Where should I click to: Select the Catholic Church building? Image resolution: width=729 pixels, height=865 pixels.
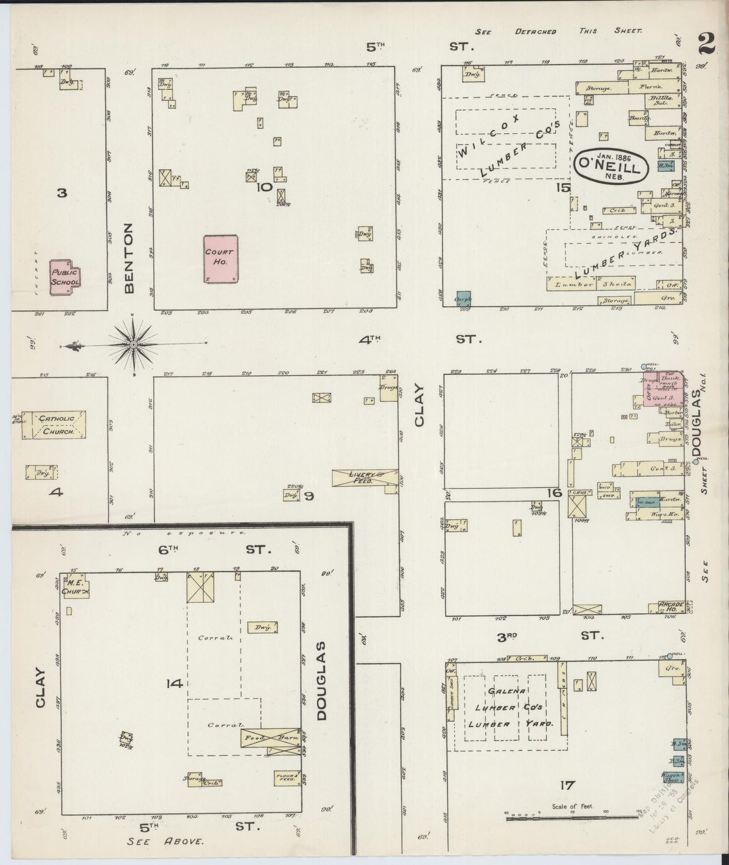56,424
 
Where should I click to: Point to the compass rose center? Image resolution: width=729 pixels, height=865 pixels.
133,344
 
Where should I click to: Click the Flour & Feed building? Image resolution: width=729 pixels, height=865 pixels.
287,778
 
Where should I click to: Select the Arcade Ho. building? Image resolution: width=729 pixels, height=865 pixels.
671,607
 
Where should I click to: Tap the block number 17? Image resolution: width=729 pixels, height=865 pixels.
567,785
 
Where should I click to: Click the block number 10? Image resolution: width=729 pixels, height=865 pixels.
264,187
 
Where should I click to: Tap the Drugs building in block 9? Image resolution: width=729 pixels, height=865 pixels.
388,389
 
